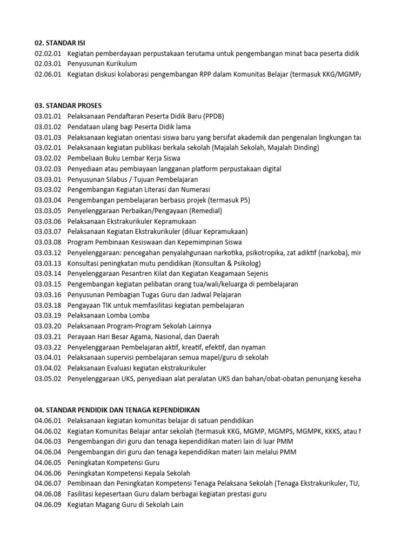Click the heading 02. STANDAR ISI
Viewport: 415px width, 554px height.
[60, 43]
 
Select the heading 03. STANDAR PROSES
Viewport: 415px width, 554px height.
[68, 105]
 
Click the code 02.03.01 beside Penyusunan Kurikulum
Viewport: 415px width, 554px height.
[48, 64]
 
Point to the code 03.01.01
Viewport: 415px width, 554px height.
[48, 116]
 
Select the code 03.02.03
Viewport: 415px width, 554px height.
[48, 169]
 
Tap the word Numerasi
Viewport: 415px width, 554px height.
[195, 189]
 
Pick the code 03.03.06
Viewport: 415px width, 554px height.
[48, 221]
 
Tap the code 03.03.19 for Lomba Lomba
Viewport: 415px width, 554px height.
[48, 315]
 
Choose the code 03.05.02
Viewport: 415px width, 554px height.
[48, 378]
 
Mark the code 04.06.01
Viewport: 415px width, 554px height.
[48, 420]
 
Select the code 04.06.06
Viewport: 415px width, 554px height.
[48, 473]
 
